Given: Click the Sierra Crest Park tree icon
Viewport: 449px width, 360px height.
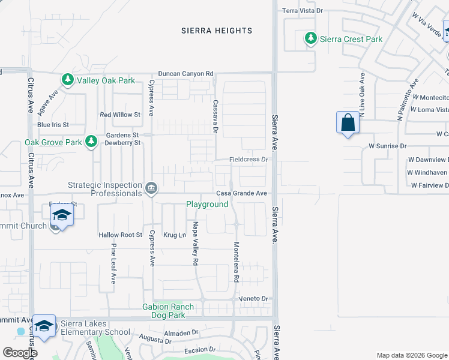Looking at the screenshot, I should [x=310, y=39].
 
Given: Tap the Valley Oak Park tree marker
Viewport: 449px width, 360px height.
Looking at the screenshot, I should [x=67, y=80].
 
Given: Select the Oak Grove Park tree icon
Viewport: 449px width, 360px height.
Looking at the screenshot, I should [x=91, y=142].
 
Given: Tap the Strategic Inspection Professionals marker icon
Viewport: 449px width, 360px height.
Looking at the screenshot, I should [x=151, y=189].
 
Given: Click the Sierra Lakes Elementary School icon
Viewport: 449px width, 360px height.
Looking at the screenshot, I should [x=44, y=326].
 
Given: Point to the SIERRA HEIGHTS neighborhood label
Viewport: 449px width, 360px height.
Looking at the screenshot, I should [x=217, y=31].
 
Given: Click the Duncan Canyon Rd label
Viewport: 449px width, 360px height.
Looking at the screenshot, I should [x=186, y=73].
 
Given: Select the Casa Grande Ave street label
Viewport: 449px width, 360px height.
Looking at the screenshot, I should [x=241, y=193].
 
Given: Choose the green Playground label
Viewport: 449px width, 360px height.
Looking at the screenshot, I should [x=207, y=205].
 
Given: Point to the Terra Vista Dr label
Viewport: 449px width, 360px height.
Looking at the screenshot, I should [x=303, y=11].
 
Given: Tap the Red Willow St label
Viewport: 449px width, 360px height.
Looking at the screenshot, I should [x=119, y=115].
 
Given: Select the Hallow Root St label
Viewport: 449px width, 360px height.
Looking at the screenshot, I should [x=120, y=235].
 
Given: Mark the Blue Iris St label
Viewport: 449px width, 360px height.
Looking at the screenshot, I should [x=53, y=125].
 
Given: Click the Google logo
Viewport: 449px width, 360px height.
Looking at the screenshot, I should [x=20, y=353].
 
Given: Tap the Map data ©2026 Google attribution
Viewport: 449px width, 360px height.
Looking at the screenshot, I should [x=411, y=355].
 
